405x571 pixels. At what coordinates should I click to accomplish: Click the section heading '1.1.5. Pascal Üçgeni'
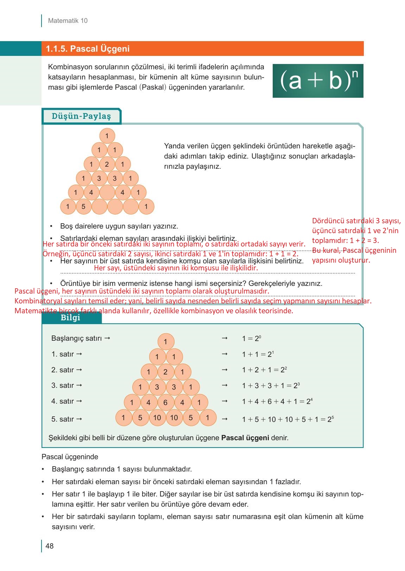point(88,49)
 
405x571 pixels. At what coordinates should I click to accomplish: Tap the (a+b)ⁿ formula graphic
point(318,81)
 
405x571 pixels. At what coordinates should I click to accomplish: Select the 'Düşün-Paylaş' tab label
point(81,116)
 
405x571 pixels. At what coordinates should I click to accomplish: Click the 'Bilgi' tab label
point(70,318)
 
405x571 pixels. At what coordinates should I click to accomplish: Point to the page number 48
point(50,546)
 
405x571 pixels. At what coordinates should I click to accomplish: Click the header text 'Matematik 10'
point(68,21)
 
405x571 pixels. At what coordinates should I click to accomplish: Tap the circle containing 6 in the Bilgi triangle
point(165,402)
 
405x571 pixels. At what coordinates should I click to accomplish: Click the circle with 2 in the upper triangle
point(107,164)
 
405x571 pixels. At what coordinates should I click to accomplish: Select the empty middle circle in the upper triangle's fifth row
point(107,192)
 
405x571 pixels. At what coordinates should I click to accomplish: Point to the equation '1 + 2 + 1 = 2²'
point(264,370)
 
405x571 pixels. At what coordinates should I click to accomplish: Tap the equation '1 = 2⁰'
point(251,339)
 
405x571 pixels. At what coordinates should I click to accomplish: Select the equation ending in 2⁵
point(287,419)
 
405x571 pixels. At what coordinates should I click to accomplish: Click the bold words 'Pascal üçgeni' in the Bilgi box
point(245,438)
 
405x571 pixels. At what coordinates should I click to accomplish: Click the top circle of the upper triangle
point(107,136)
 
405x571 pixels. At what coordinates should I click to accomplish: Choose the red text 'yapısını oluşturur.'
point(341,261)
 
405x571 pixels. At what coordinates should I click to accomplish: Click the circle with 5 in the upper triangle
point(83,206)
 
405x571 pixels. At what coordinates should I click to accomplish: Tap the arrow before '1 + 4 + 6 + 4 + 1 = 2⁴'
point(224,401)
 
